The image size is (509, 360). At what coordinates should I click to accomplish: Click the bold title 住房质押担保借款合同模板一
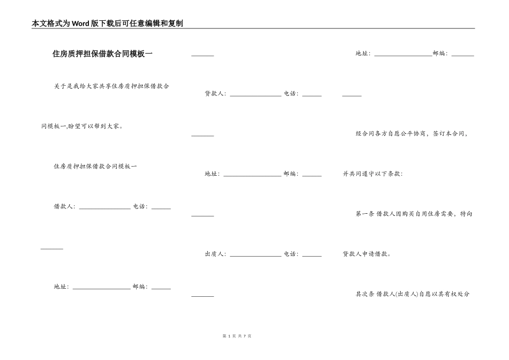point(102,54)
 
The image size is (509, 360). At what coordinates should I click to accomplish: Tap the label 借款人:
point(64,207)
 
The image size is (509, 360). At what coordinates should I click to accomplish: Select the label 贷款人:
point(215,94)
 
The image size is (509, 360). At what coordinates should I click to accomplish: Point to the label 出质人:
point(215,254)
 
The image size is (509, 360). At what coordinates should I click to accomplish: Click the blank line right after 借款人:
point(104,208)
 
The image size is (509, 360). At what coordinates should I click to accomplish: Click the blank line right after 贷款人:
point(255,95)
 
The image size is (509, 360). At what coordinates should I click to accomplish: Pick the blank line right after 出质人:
point(255,256)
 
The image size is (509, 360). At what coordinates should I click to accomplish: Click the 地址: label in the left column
point(62,287)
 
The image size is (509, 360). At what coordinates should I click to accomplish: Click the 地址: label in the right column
point(363,54)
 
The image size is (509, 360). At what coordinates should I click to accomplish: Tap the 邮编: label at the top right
point(440,54)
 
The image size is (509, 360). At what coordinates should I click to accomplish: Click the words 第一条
point(365,214)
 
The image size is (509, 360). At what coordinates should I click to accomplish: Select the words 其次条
point(365,294)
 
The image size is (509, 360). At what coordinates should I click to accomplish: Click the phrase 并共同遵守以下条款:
point(373,174)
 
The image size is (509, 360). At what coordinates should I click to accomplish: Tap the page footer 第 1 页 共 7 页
point(236,336)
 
